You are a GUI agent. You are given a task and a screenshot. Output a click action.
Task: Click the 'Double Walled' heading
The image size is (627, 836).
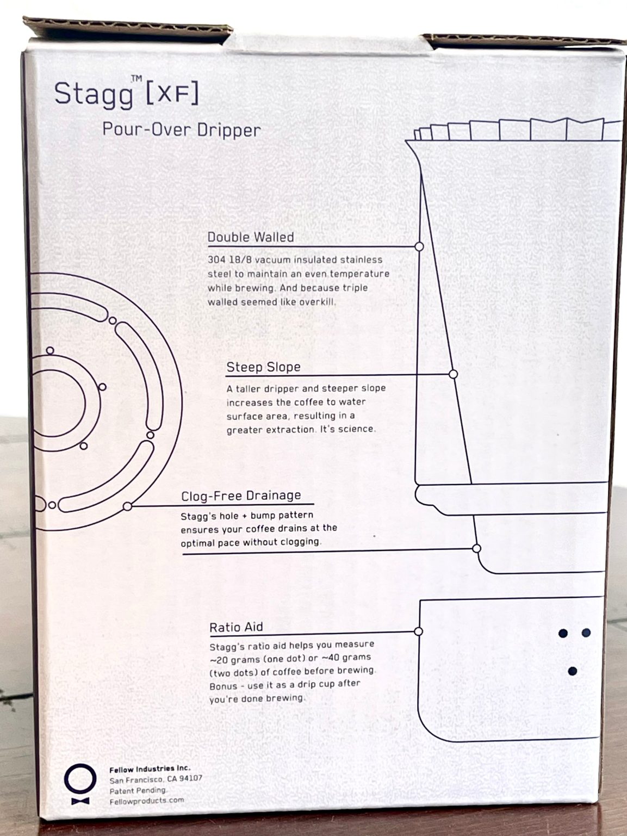point(251,237)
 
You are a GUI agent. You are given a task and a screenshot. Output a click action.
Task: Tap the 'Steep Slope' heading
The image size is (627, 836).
point(263,367)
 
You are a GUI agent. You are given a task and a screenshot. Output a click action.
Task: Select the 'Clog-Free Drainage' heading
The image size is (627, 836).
point(241,496)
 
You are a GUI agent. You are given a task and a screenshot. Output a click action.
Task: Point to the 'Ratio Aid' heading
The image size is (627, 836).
point(236,627)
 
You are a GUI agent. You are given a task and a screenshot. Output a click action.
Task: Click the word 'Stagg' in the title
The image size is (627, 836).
point(94,94)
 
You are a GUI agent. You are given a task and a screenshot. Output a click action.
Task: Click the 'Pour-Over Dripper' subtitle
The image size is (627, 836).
point(182,130)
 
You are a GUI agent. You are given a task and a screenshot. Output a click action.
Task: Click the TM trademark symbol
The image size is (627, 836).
point(136,79)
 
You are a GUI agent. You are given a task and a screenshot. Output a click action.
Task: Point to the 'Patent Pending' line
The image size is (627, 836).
point(138,791)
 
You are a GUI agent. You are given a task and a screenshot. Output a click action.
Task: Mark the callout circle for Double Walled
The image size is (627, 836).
point(419,246)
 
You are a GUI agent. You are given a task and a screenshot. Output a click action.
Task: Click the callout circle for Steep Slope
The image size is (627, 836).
point(453,374)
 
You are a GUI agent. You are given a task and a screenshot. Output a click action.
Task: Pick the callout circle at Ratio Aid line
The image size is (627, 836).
point(418,631)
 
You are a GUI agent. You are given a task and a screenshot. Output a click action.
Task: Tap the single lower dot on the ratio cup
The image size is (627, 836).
point(572,671)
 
